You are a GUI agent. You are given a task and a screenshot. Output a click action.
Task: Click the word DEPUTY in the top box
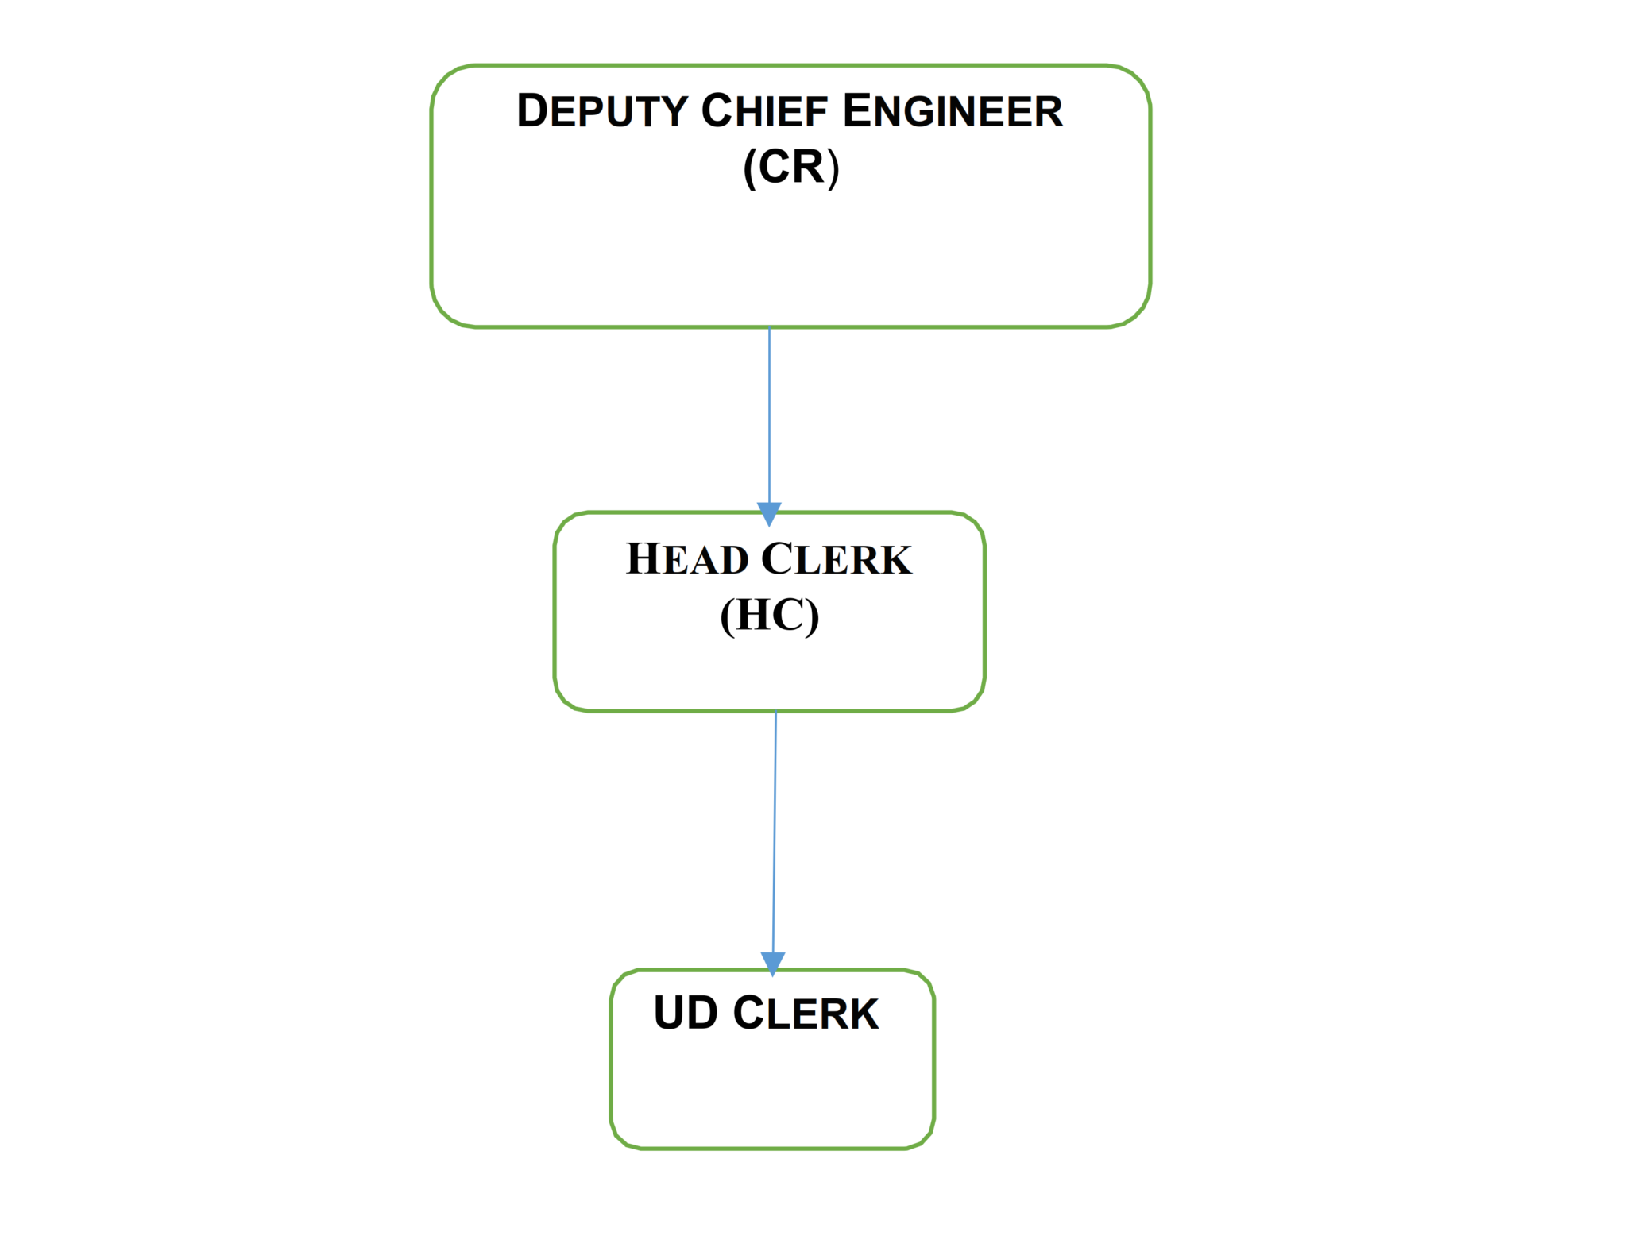coord(601,111)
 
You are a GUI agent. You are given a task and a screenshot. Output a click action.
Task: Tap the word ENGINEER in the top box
coord(952,111)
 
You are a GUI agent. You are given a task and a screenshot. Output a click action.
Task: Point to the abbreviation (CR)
coord(790,167)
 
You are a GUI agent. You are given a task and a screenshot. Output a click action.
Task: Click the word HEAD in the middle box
coord(686,559)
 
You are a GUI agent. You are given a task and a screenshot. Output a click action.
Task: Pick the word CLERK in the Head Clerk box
coord(837,559)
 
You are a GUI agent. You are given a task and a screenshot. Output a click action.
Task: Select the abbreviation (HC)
coord(769,616)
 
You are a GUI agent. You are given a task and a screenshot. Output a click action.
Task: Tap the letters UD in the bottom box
coord(686,1014)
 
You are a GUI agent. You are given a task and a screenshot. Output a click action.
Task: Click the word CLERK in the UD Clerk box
coord(806,1014)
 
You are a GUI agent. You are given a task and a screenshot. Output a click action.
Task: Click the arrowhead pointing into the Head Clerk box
coord(769,512)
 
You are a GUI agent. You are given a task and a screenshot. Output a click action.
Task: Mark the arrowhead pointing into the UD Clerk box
coord(773,962)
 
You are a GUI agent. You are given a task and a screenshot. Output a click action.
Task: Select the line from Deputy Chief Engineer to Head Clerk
coord(769,413)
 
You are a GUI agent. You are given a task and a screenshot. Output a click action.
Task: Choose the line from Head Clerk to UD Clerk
coord(775,834)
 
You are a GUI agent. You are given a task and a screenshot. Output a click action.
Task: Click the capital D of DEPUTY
coord(532,111)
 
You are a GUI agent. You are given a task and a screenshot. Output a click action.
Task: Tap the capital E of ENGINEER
coord(856,111)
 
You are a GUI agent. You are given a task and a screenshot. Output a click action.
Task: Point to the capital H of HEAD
coord(643,558)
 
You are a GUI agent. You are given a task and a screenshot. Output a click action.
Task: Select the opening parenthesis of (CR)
coord(749,168)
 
